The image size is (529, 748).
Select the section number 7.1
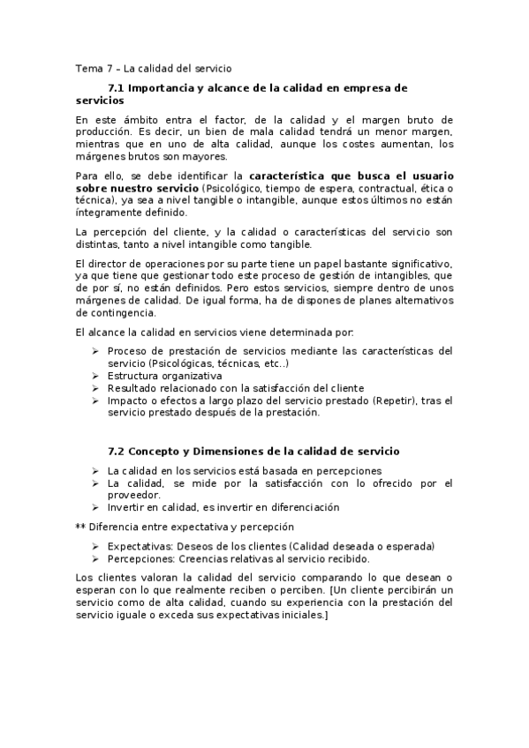click(x=117, y=88)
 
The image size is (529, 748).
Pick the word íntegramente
click(x=104, y=213)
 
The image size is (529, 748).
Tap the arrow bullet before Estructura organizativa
click(x=95, y=376)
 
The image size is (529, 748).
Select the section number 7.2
click(x=117, y=451)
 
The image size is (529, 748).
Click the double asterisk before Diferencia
click(x=80, y=527)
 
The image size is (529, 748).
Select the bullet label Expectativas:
click(x=140, y=546)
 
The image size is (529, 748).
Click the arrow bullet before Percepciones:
click(x=95, y=558)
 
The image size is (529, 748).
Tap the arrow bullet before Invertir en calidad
click(x=95, y=507)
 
